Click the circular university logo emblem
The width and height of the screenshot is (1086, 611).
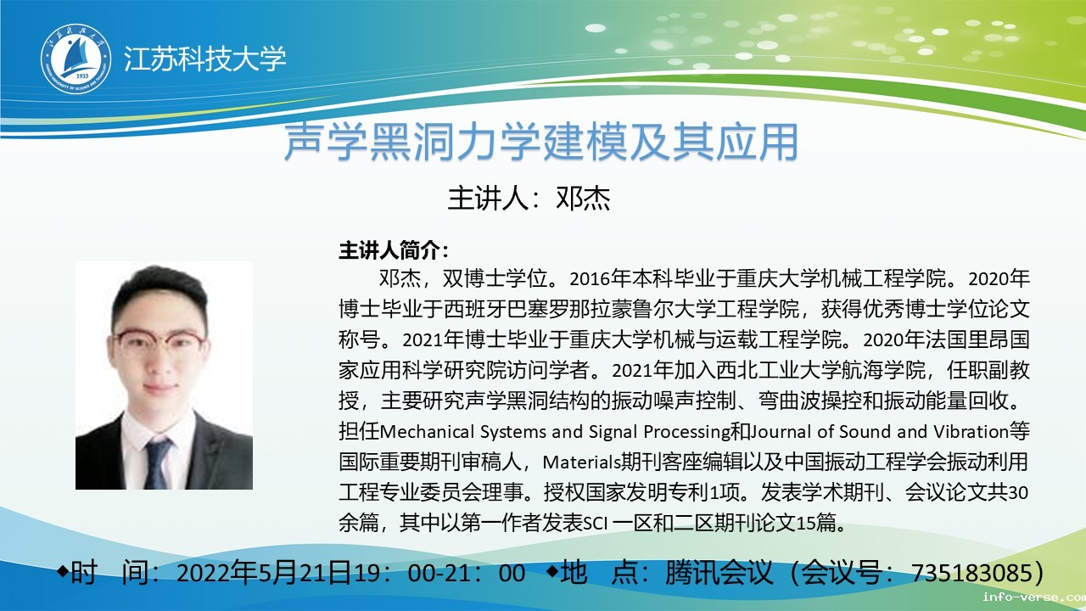click(76, 59)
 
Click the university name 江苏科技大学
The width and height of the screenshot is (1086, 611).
click(204, 59)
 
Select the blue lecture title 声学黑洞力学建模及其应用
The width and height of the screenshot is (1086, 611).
click(540, 142)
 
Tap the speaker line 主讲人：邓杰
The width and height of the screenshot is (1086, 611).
click(529, 199)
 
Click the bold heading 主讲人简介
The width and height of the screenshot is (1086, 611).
click(393, 250)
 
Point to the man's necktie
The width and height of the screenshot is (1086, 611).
click(158, 463)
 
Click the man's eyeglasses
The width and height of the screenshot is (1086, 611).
click(159, 340)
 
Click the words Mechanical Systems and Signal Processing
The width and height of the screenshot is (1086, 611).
click(555, 432)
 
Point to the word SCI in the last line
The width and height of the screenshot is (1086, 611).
click(595, 524)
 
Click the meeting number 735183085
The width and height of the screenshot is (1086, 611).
click(972, 573)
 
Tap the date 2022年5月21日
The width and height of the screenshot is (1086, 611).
click(264, 573)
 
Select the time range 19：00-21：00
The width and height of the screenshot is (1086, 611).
click(439, 573)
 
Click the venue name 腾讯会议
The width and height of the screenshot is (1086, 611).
click(718, 573)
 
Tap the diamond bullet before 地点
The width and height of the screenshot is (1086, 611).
click(552, 571)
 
